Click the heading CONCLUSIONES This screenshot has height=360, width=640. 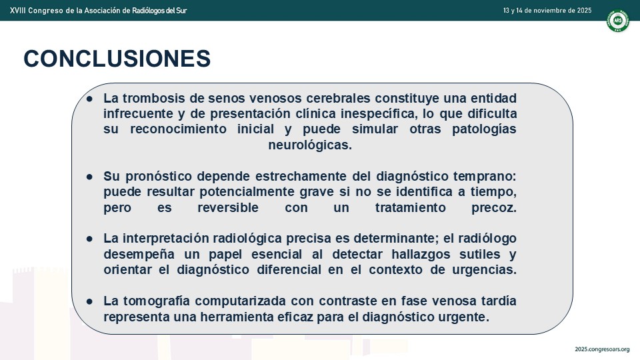(117, 59)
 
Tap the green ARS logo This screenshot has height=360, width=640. (617, 21)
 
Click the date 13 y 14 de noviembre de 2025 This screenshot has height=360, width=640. (547, 11)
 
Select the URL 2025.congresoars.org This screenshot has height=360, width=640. (602, 349)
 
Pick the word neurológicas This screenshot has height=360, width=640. (310, 145)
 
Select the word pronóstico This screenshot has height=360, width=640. (159, 176)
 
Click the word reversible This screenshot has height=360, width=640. (228, 207)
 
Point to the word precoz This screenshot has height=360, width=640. (494, 207)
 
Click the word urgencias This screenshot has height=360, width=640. (484, 270)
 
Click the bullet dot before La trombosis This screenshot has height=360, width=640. (89, 99)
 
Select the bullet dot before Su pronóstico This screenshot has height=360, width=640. (89, 177)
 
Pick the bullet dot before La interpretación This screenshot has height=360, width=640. (89, 239)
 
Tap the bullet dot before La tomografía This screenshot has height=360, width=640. (89, 301)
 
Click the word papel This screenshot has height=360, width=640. (225, 254)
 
